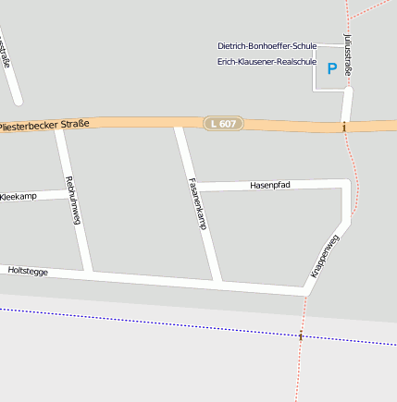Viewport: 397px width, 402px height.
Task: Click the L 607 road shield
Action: [x=223, y=123]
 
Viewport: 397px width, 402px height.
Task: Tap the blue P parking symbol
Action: [x=332, y=68]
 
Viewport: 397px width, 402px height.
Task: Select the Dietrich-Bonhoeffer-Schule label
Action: [x=267, y=45]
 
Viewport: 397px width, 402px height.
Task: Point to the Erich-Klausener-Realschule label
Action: [x=267, y=62]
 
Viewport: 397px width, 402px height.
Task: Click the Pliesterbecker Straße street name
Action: [x=45, y=124]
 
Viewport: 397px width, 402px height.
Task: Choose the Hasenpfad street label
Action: [x=270, y=185]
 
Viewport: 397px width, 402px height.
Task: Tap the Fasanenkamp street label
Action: [x=196, y=203]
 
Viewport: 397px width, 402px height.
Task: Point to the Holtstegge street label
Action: [x=27, y=271]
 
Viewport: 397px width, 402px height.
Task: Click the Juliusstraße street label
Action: [x=348, y=55]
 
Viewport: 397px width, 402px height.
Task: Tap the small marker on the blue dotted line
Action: [x=301, y=335]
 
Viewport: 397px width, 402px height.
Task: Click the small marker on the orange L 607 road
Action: [x=344, y=127]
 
